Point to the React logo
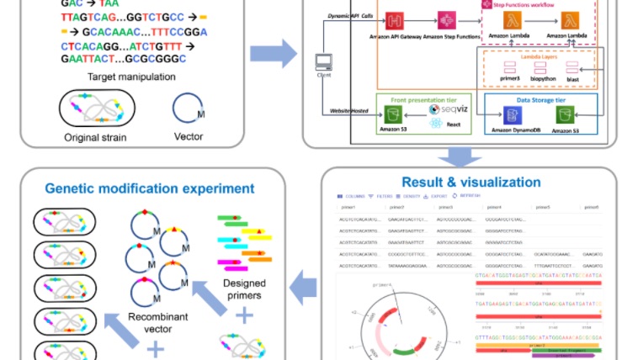click(435, 124)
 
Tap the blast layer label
click(572, 79)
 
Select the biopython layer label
click(540, 79)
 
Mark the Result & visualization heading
click(471, 182)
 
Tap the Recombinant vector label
click(157, 326)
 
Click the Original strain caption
click(89, 138)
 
